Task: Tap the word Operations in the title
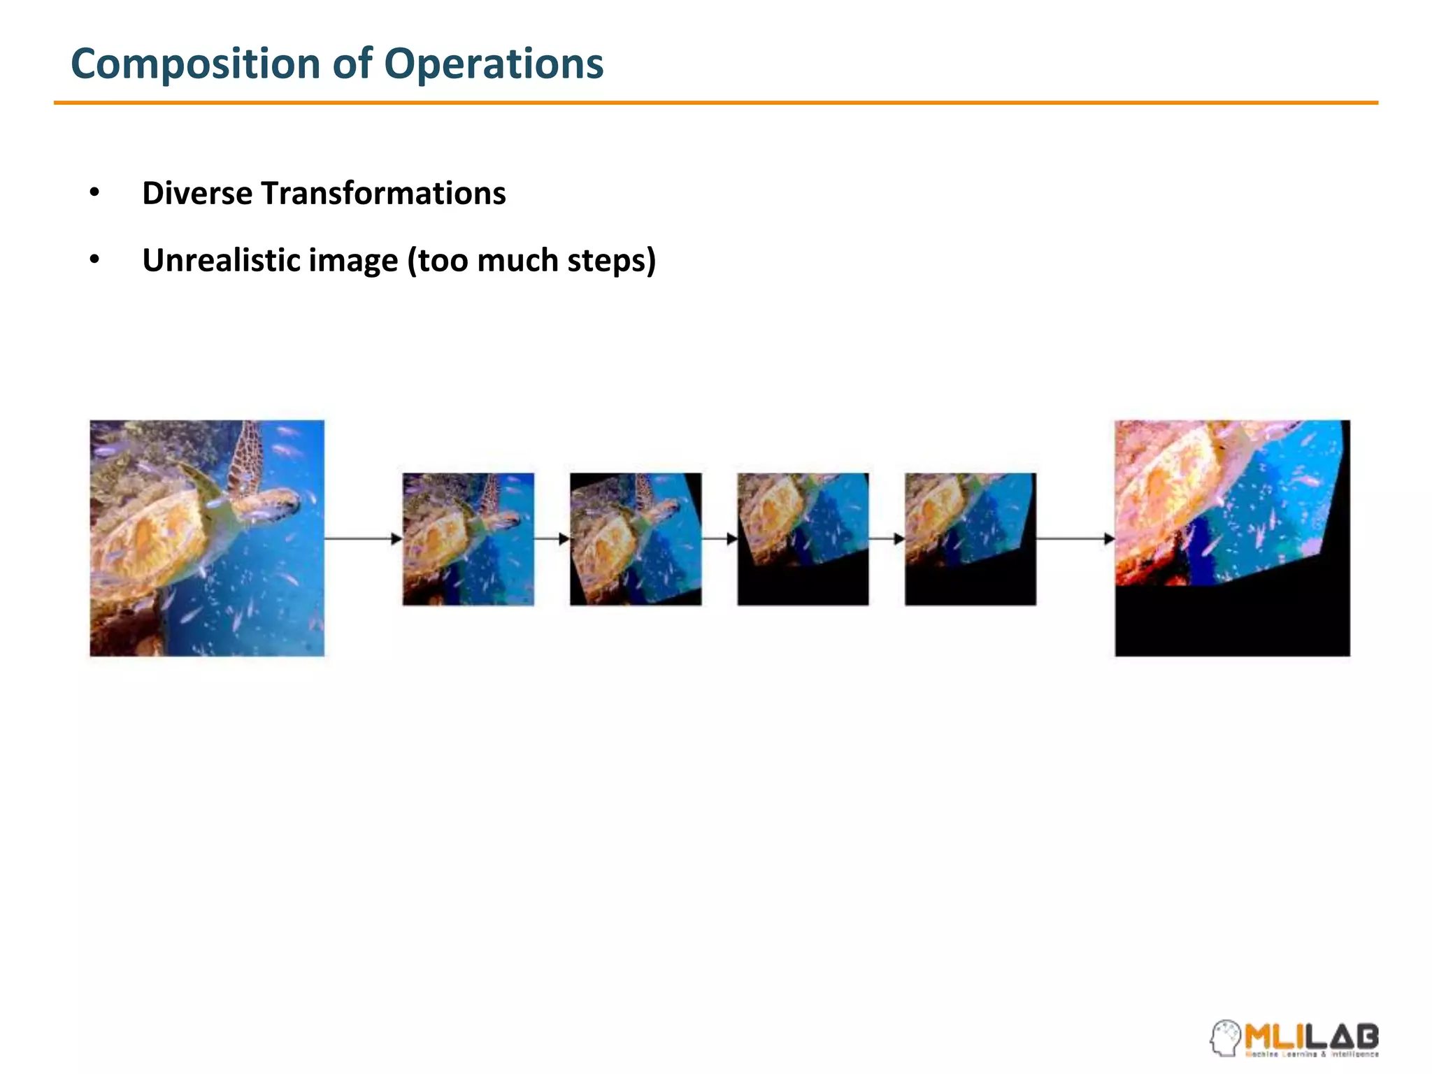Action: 493,64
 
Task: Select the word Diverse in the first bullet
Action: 196,193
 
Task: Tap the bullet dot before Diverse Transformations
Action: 94,192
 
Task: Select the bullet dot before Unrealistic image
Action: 94,259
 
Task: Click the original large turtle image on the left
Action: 207,538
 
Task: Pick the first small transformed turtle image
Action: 468,539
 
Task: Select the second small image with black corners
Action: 636,539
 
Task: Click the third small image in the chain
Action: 803,539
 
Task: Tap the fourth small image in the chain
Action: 971,539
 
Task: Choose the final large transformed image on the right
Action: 1232,538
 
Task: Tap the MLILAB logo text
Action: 1311,1036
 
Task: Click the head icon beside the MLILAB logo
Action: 1225,1038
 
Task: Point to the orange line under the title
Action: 716,103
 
